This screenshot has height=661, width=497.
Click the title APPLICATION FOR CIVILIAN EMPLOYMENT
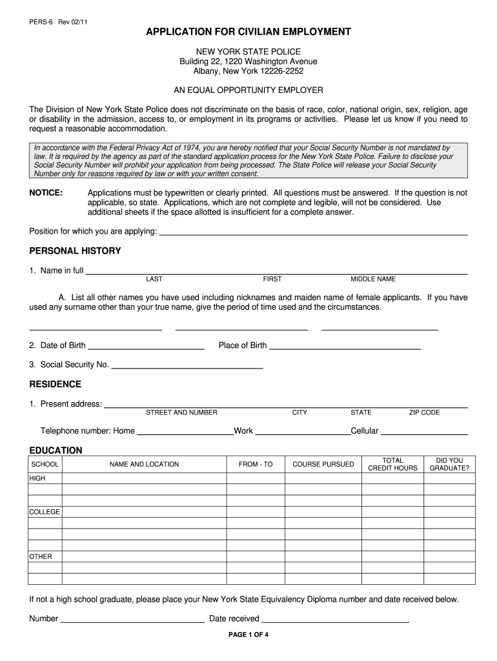click(x=249, y=32)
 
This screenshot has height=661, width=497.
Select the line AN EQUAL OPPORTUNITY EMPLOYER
click(x=249, y=90)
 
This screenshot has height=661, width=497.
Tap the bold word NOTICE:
click(x=46, y=193)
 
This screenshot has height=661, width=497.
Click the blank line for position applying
click(x=313, y=231)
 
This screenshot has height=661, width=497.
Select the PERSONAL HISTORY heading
click(x=75, y=250)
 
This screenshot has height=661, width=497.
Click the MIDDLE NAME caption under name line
click(x=373, y=280)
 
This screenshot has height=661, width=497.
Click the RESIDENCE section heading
click(x=56, y=384)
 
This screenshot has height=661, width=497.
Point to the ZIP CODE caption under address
click(x=424, y=412)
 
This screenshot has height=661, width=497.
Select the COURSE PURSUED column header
click(x=323, y=464)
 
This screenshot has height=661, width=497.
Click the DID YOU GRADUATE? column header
click(x=449, y=464)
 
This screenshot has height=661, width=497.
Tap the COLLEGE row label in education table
click(x=45, y=512)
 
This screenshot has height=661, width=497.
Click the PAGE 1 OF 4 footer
click(x=249, y=634)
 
